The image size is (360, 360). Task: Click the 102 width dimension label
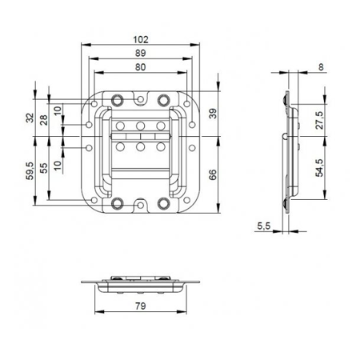pos(140,37)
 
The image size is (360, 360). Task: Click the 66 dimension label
pos(212,175)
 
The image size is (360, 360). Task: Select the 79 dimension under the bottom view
pos(140,304)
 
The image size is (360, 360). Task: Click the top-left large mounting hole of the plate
pos(118,100)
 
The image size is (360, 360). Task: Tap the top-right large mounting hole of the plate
pos(163,100)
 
